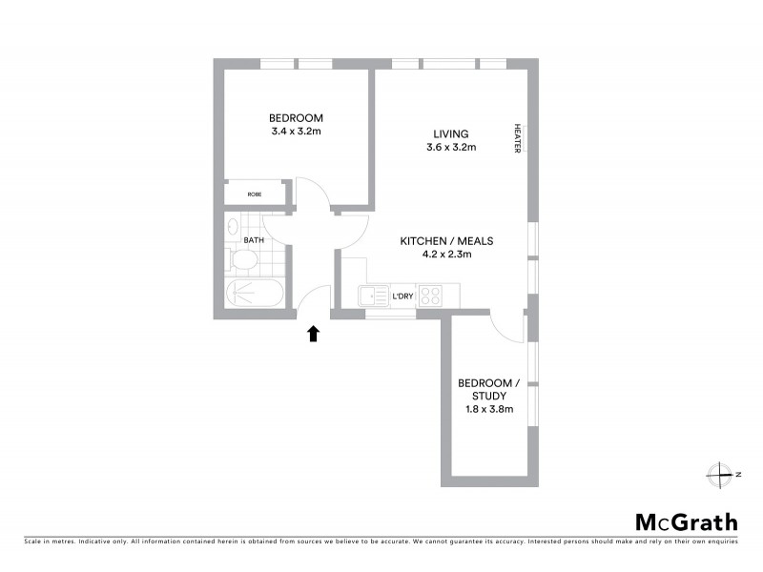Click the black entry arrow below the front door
pos(313,333)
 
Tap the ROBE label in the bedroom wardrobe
pos(255,194)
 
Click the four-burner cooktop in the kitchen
pos(430,296)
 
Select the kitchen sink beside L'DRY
pos(371,296)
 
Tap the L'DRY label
pos(403,296)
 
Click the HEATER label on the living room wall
pos(518,138)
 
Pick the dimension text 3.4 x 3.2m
pos(296,132)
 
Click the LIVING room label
pos(451,133)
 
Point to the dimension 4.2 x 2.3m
pos(447,255)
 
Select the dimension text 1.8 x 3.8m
pos(488,410)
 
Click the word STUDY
pos(488,396)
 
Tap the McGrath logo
pos(686,521)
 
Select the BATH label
pos(254,240)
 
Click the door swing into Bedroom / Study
pos(507,328)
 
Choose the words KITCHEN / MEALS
pos(446,241)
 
